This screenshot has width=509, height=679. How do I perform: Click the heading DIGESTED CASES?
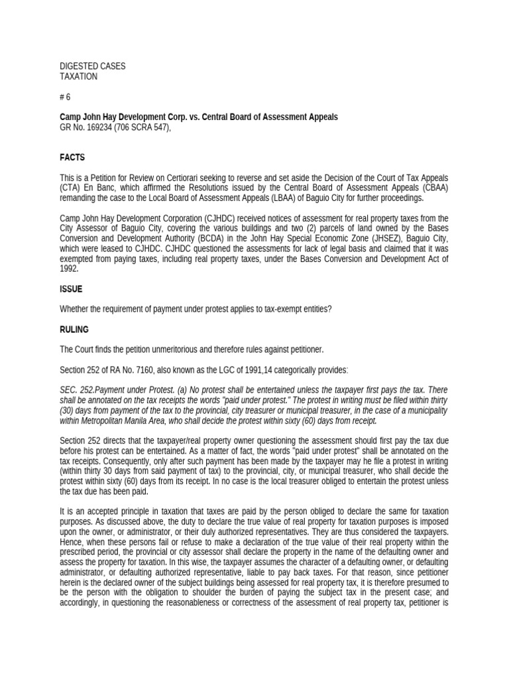(x=92, y=66)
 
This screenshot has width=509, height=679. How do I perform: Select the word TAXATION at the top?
(x=78, y=76)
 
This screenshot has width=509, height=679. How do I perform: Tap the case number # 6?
(x=65, y=97)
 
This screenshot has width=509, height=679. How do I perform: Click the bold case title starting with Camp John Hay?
(x=199, y=117)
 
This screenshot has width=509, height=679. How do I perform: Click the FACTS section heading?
(x=72, y=157)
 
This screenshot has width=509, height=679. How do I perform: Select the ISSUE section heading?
(x=71, y=289)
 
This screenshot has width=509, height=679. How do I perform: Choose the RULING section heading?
(x=74, y=329)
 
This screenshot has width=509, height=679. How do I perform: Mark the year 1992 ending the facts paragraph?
(x=69, y=269)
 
